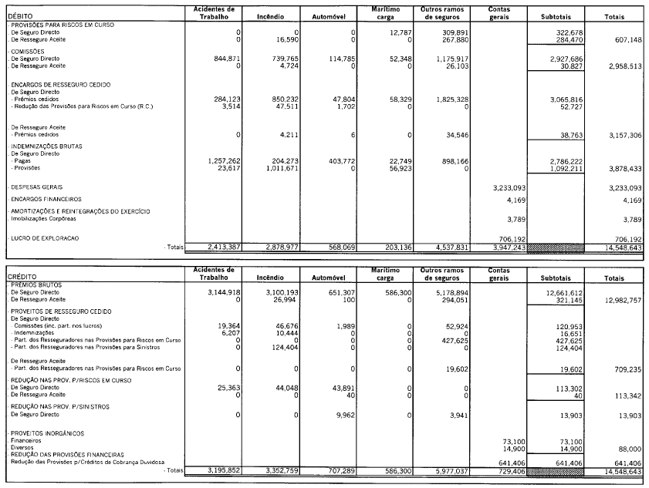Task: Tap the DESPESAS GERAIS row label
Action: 36,187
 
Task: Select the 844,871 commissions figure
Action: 225,59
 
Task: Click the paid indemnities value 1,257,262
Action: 223,160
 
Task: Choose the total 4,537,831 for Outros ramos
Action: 440,247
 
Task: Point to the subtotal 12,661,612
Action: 564,293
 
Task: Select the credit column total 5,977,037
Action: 440,469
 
